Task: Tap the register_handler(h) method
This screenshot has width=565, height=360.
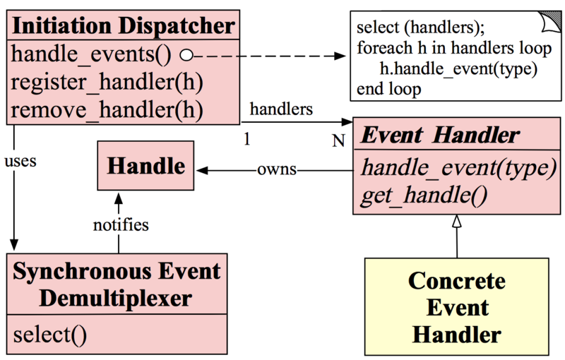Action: [107, 82]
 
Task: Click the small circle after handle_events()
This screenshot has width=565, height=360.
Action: [186, 54]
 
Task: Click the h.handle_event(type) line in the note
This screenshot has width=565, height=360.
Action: [459, 69]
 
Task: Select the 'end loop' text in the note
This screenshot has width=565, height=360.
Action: [389, 89]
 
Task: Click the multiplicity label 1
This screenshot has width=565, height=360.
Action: [246, 140]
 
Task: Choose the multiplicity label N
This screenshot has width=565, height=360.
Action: [338, 140]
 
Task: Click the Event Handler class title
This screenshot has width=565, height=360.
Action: [441, 134]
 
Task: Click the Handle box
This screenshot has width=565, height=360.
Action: [145, 167]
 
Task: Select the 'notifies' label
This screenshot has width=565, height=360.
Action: [121, 225]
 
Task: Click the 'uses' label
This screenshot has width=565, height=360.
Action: [20, 160]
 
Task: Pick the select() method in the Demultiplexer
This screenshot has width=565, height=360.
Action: [50, 334]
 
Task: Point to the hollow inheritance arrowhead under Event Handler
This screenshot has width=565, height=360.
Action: [457, 221]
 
